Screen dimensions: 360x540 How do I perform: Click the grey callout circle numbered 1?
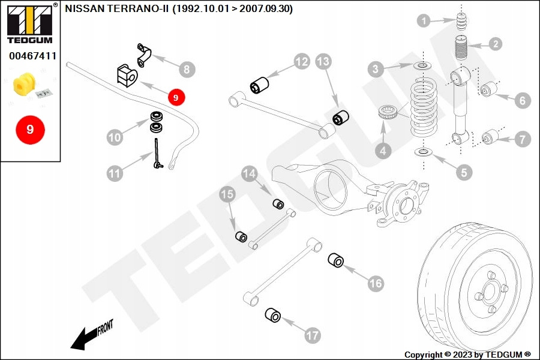424,22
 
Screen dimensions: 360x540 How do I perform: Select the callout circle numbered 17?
312,335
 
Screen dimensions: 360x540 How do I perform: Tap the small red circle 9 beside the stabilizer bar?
176,97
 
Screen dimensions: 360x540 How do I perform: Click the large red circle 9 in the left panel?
30,129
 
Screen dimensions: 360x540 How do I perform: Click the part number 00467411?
32,56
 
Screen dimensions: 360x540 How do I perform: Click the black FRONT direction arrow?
84,338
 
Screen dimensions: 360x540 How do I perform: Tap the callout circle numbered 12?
301,61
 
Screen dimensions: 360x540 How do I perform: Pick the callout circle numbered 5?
463,173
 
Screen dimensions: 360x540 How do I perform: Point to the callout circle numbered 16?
376,284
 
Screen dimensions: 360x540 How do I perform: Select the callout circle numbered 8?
187,70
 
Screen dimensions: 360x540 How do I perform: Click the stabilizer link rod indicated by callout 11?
157,154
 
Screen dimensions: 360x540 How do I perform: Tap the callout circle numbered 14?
250,175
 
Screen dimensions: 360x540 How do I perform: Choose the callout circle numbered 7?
522,140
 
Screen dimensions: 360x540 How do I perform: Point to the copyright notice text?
467,355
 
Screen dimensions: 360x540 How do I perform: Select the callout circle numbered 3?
376,70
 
